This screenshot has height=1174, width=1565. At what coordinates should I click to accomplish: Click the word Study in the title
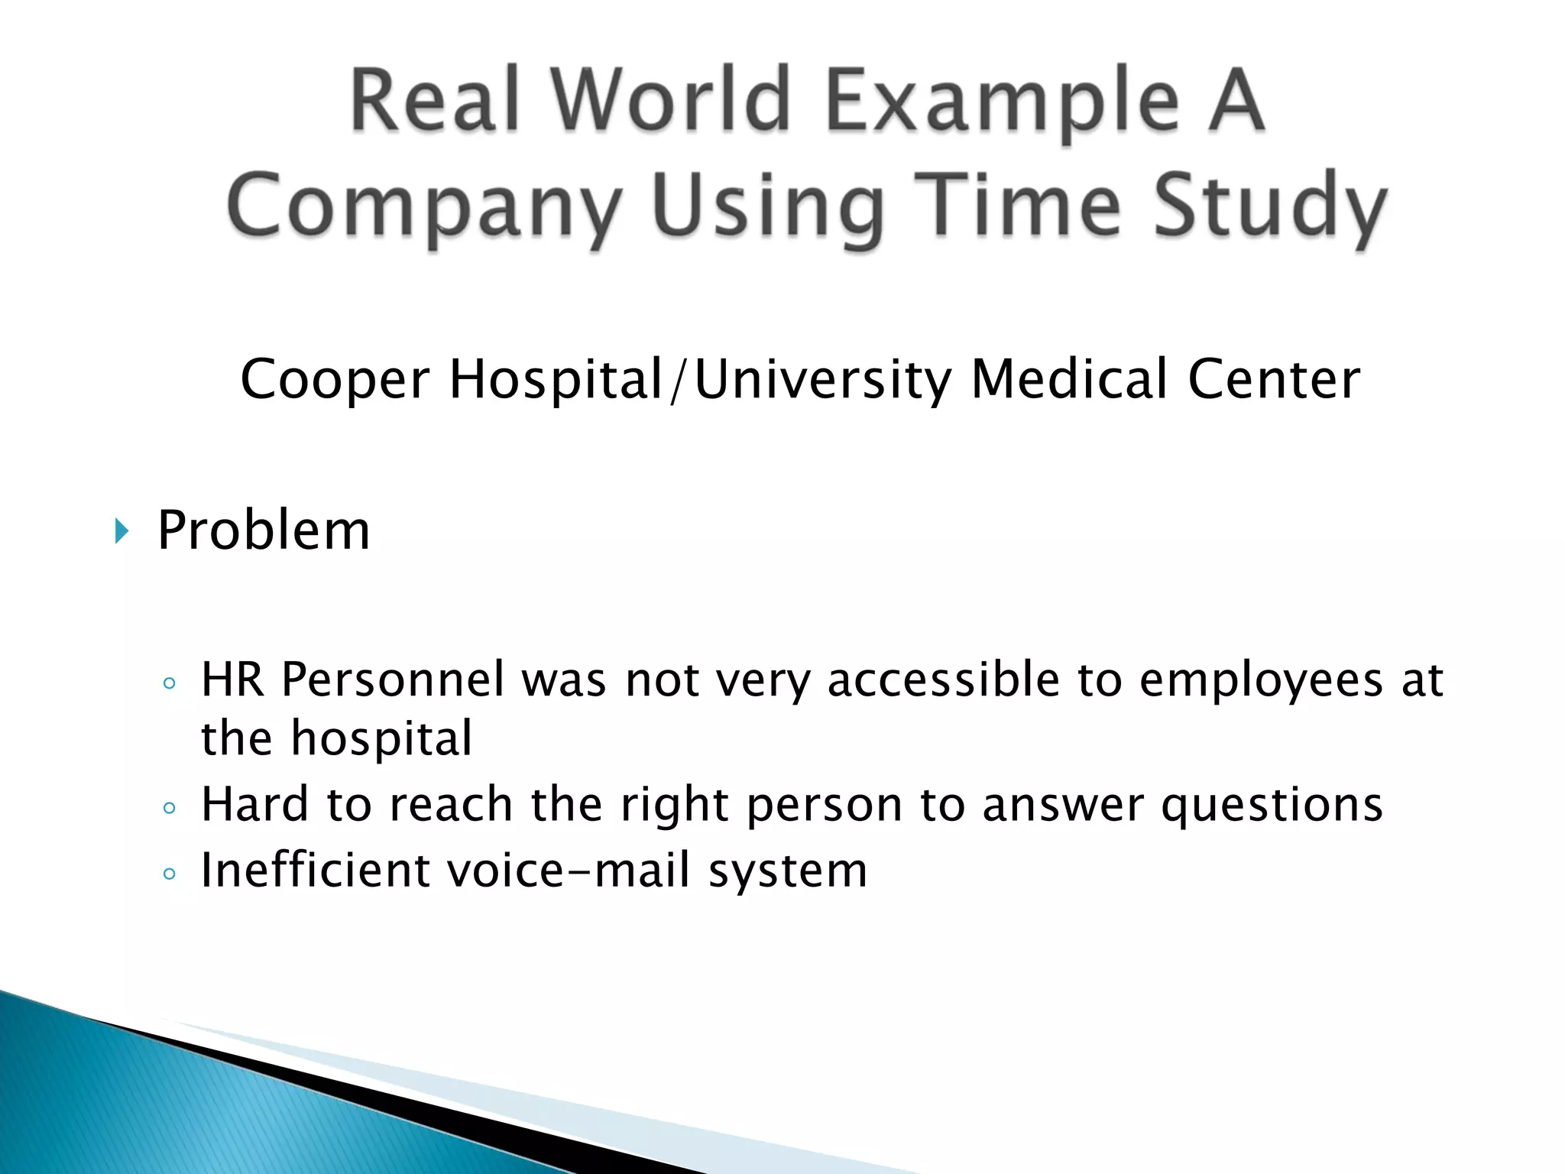point(1269,206)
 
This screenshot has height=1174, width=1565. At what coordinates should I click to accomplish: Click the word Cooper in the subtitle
point(335,380)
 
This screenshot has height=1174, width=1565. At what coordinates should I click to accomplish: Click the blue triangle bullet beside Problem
point(122,530)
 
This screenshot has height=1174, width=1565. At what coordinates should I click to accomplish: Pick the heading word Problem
point(264,530)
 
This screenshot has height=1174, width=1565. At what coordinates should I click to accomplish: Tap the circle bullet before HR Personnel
point(170,683)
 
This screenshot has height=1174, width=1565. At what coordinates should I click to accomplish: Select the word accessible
point(944,679)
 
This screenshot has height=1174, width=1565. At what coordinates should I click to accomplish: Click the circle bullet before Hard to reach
point(170,808)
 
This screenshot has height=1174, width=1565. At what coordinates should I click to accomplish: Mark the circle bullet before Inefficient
point(170,874)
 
